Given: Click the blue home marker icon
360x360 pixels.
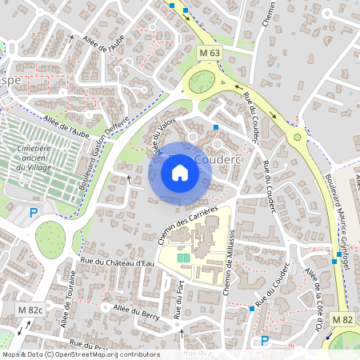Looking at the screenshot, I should (x=179, y=173).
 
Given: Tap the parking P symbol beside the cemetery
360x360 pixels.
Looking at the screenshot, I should (x=33, y=212).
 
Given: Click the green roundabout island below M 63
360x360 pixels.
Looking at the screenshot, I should (x=202, y=82).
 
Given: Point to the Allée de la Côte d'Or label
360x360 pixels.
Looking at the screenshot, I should (x=313, y=298).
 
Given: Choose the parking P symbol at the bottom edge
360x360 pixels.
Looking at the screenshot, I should (x=265, y=340).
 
